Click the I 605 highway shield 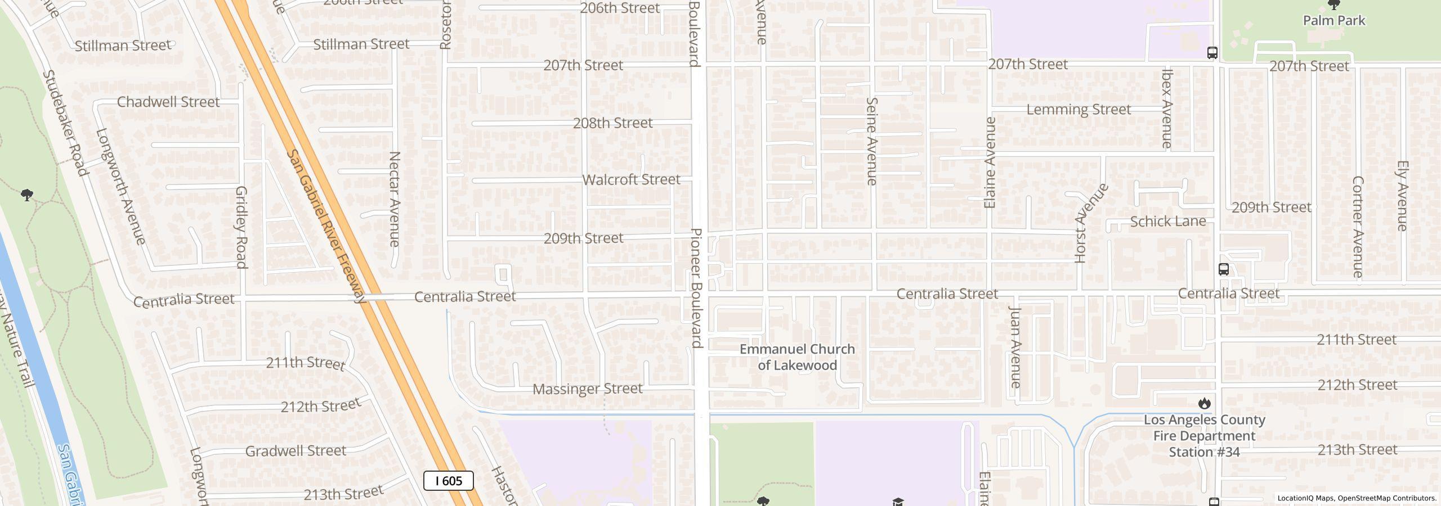click(448, 481)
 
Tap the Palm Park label click(1333, 21)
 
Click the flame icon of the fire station click(1204, 403)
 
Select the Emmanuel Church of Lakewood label click(796, 357)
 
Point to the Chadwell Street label click(168, 102)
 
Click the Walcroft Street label click(631, 180)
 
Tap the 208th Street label click(612, 123)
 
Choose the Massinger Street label click(587, 389)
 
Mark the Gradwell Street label click(296, 451)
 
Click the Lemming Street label click(1078, 110)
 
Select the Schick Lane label click(1167, 222)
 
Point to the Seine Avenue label click(871, 141)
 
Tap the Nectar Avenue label click(395, 199)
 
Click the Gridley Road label click(241, 227)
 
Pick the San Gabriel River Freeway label click(326, 226)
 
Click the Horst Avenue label click(1090, 223)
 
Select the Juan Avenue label click(1015, 347)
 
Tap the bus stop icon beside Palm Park click(1212, 53)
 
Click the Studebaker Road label click(65, 123)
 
